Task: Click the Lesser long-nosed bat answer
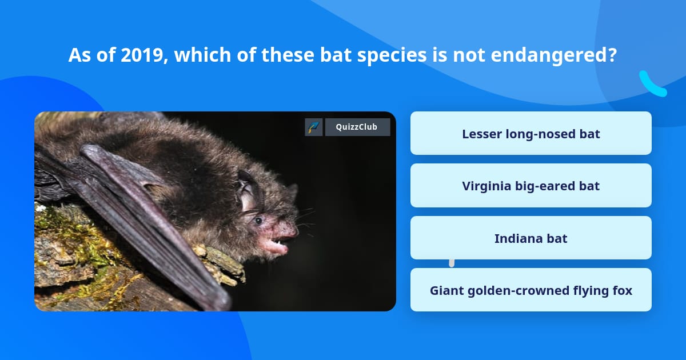pyautogui.click(x=531, y=133)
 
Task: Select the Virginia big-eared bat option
pyautogui.click(x=531, y=186)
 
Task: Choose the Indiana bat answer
pyautogui.click(x=531, y=238)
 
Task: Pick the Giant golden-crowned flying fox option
pyautogui.click(x=531, y=290)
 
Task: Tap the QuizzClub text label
pyautogui.click(x=357, y=127)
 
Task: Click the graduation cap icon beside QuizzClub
pyautogui.click(x=314, y=127)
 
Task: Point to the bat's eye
pyautogui.click(x=259, y=220)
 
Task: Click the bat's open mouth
pyautogui.click(x=277, y=243)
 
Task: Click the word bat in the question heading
pyautogui.click(x=336, y=55)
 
